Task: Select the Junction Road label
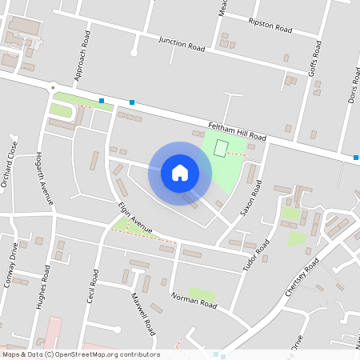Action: [182, 43]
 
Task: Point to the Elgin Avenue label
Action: [134, 218]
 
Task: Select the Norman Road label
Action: [194, 300]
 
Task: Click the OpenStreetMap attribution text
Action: [80, 354]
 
